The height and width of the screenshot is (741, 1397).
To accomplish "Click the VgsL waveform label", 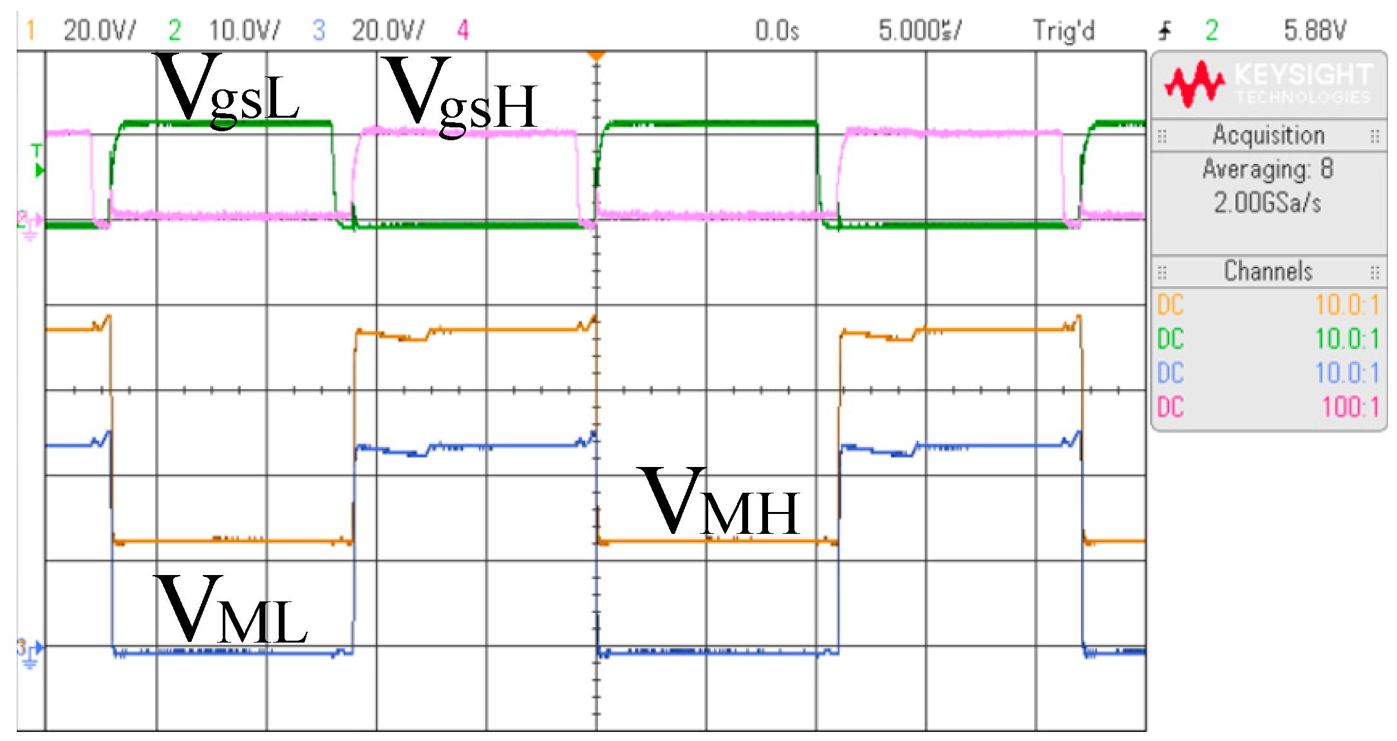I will click(x=227, y=90).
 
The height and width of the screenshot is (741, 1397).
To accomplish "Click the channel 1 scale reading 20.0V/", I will click(x=99, y=30).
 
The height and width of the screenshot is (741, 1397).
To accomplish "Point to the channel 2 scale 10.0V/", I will click(x=244, y=30).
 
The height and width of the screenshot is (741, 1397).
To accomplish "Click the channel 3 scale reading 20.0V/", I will click(x=388, y=30).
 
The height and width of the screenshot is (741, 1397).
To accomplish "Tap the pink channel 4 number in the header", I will click(x=463, y=30).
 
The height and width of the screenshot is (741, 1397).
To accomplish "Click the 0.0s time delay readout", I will click(x=776, y=30).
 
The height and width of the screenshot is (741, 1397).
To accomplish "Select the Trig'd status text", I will click(x=1064, y=30).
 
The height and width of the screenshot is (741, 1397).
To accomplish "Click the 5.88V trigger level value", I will click(x=1315, y=30).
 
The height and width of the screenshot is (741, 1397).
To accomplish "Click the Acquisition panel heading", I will click(x=1268, y=135).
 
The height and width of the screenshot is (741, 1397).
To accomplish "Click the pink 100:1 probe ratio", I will click(x=1350, y=407).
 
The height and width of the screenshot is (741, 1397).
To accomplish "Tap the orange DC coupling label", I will click(x=1170, y=305).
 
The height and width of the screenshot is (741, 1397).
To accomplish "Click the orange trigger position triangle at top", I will click(x=597, y=56).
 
